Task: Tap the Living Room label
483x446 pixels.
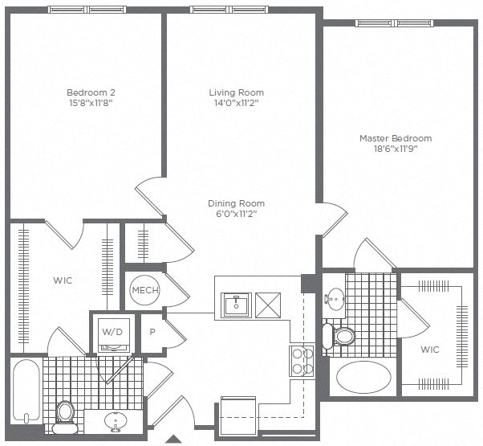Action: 236,92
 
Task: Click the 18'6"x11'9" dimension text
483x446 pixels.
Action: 395,149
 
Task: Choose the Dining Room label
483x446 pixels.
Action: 236,203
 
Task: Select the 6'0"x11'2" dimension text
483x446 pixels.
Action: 236,214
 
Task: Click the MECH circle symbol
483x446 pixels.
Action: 145,290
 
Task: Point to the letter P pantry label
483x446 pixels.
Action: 152,330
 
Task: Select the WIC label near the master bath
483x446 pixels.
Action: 431,350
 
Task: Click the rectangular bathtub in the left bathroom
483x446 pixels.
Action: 25,391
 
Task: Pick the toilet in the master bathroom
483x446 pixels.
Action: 343,335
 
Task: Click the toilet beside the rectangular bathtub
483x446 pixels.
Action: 66,412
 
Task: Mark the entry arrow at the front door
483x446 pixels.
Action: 173,440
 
